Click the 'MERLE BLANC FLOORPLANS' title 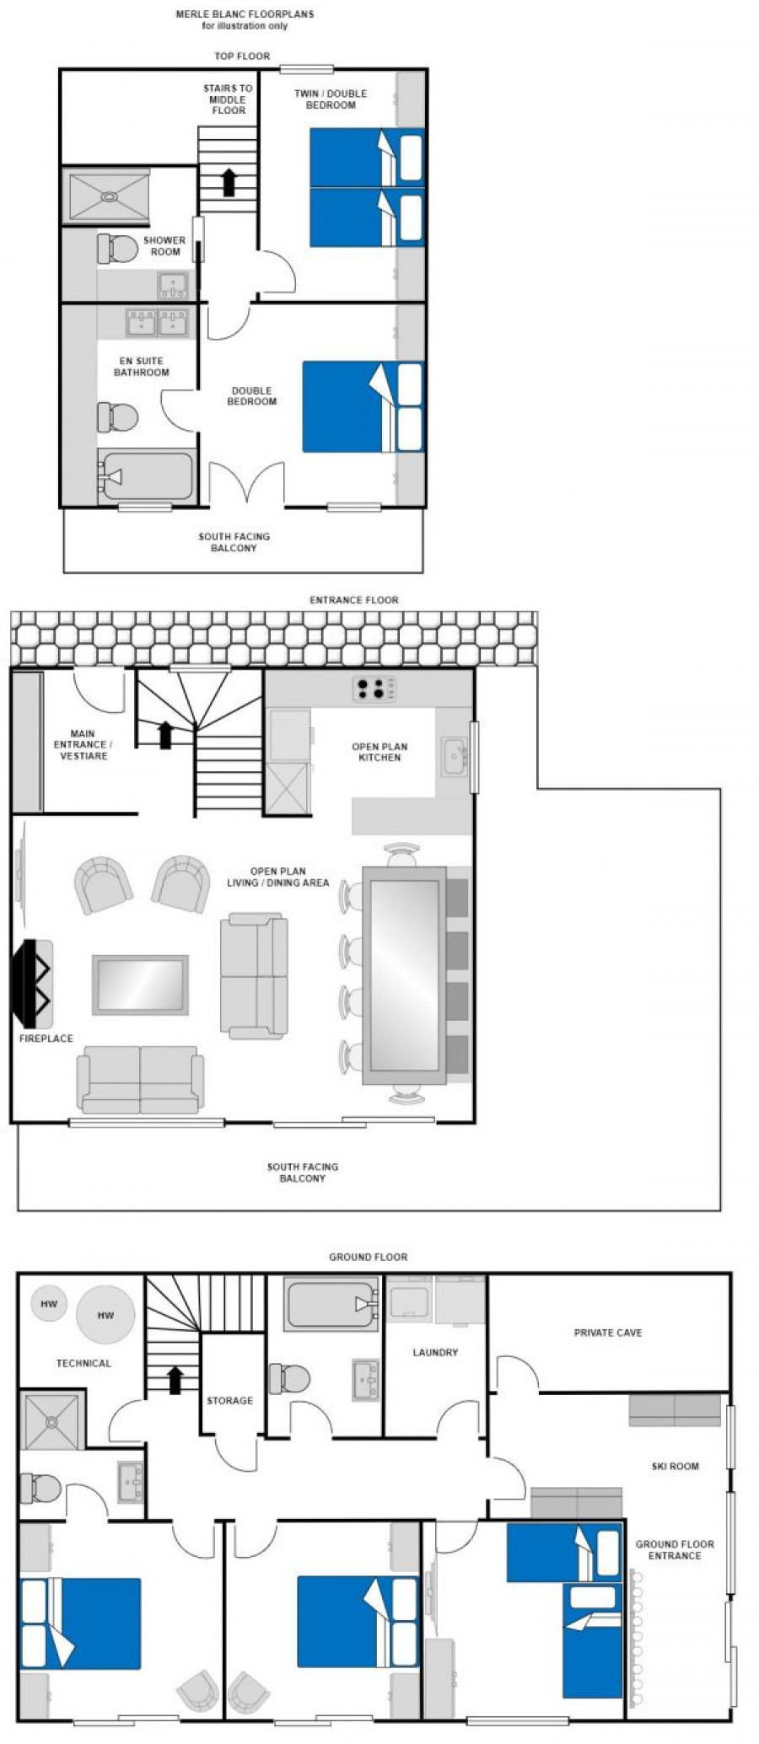[x=245, y=14]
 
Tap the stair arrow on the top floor [x=229, y=182]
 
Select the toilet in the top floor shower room [x=117, y=249]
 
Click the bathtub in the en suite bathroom [x=146, y=477]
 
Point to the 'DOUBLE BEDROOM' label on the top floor [x=251, y=396]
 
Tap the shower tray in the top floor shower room [x=109, y=196]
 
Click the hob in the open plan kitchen [x=374, y=689]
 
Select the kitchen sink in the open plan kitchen [x=455, y=756]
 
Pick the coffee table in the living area [x=140, y=985]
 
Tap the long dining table [x=404, y=975]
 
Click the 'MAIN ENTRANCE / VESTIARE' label [x=83, y=744]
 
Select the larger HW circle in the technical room [x=105, y=1314]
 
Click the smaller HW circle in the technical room [x=49, y=1304]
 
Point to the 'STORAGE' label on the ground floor [x=229, y=1400]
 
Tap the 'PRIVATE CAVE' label [x=607, y=1333]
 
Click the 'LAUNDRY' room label [x=434, y=1352]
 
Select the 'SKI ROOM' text [x=675, y=1466]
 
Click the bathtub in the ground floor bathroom [x=331, y=1304]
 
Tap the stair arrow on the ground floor [x=175, y=1380]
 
